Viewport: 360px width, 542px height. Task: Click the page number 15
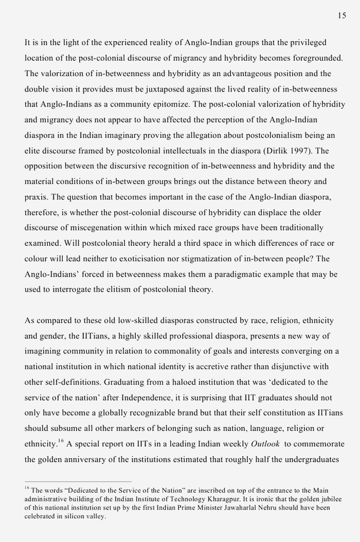(x=342, y=16)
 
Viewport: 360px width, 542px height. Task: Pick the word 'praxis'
(x=36, y=197)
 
